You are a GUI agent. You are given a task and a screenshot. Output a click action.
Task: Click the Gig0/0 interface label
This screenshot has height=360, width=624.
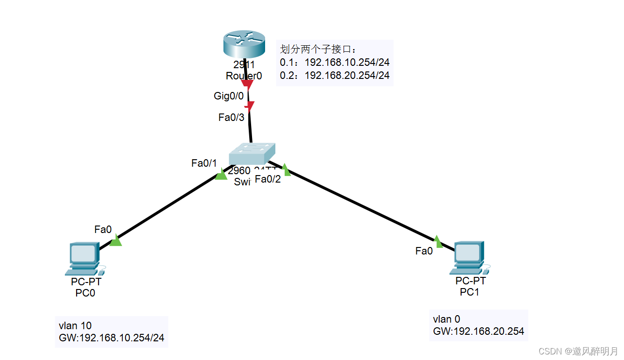229,96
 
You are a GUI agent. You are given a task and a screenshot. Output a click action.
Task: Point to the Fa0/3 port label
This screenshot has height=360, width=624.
231,118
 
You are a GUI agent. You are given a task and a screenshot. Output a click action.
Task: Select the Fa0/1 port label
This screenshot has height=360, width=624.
204,163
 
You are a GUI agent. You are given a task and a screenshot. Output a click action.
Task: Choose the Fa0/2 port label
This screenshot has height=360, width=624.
268,179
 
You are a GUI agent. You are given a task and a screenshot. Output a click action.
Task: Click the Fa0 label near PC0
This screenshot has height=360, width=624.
103,229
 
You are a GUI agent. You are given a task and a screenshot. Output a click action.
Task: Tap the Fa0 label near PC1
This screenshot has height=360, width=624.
424,251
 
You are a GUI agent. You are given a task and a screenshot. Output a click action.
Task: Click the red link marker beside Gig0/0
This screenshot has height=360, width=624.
247,85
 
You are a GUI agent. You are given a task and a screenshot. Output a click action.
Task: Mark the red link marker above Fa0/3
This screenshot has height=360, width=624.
250,106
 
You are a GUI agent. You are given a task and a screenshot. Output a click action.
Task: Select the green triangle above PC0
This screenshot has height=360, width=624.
116,241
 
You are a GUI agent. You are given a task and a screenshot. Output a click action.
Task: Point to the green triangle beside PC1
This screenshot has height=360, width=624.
437,241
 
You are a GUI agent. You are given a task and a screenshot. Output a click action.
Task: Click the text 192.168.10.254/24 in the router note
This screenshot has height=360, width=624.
347,63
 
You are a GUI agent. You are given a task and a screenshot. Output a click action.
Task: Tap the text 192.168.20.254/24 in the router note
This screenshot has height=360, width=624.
347,75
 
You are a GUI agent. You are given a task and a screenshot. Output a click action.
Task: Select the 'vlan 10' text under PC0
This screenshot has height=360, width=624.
75,325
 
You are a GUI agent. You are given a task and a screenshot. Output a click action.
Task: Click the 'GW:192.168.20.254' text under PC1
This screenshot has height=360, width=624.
478,332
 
